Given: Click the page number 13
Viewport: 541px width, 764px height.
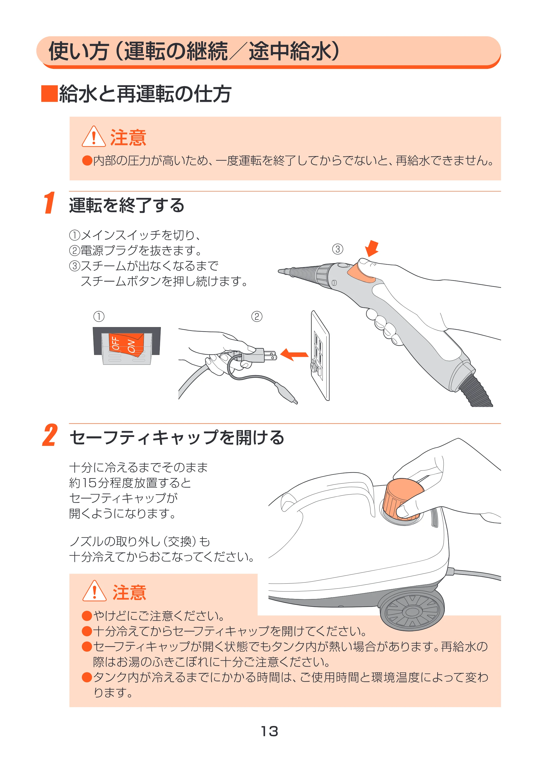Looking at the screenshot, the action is pyautogui.click(x=270, y=731).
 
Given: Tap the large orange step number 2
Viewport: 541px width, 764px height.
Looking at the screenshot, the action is pyautogui.click(x=50, y=435).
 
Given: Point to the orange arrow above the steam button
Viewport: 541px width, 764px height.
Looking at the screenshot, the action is pyautogui.click(x=372, y=248).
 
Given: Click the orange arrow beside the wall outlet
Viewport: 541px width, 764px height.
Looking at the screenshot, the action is pyautogui.click(x=294, y=354).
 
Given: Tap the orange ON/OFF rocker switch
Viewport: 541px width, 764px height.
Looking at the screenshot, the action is pyautogui.click(x=127, y=345).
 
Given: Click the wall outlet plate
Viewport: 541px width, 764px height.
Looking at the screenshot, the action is pyautogui.click(x=320, y=355).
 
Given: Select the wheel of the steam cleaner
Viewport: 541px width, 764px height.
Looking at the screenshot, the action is pyautogui.click(x=412, y=611).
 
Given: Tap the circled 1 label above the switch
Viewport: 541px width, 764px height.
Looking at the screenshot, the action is pyautogui.click(x=99, y=316).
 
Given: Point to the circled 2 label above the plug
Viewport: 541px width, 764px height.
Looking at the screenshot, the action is pyautogui.click(x=257, y=316).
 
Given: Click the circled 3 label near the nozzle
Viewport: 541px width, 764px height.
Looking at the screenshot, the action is pyautogui.click(x=337, y=249).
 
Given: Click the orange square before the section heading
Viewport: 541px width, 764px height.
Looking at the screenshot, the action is pyautogui.click(x=49, y=94).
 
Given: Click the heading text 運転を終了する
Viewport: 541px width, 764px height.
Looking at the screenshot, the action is pyautogui.click(x=127, y=205).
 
